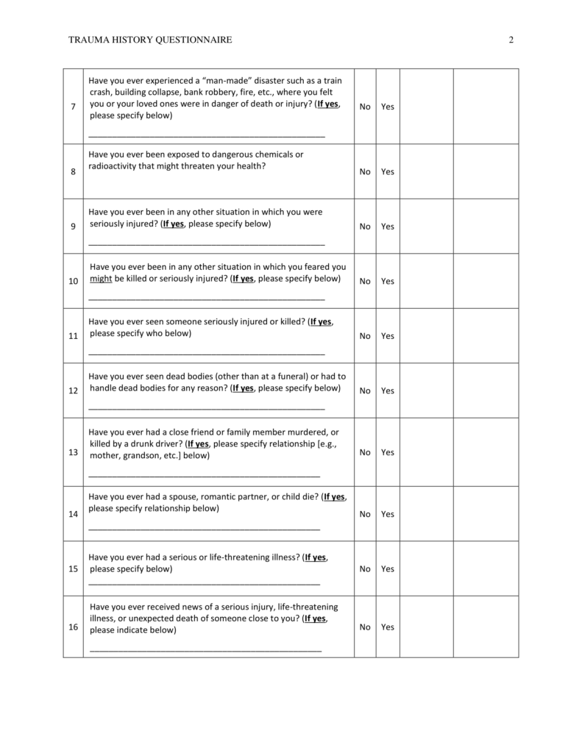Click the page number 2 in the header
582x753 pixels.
[x=511, y=40]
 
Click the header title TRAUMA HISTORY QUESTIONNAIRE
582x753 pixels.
[x=150, y=40]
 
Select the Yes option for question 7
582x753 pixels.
[x=388, y=107]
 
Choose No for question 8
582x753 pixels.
[x=365, y=171]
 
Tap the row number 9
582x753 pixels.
[x=73, y=226]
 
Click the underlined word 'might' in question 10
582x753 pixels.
[x=100, y=279]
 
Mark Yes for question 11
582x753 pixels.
[x=388, y=336]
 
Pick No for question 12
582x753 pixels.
[x=365, y=390]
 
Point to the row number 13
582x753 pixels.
[x=73, y=452]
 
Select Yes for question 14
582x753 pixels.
[x=388, y=514]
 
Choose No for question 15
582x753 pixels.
[x=365, y=568]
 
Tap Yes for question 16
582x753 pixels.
[x=388, y=627]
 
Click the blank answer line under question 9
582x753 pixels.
[x=206, y=243]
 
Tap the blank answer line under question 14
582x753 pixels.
[x=204, y=529]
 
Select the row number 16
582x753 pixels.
[x=73, y=627]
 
